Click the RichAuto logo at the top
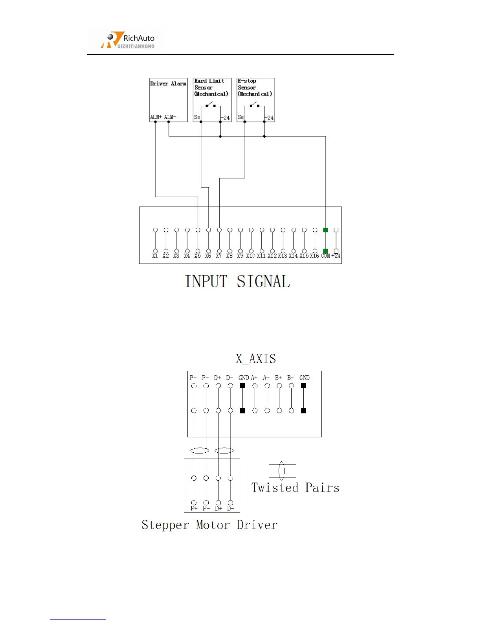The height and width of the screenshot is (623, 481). pos(128,40)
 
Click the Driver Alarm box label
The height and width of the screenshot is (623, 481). pos(168,84)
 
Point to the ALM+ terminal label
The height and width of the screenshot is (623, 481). pos(156,117)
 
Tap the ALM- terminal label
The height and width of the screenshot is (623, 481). pos(170,117)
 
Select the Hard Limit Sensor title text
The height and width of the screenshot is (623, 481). pos(211,87)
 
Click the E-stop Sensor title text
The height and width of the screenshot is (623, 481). pos(255,87)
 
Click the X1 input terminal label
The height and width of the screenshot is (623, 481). pos(155,256)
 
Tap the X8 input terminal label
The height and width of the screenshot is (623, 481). pos(229,256)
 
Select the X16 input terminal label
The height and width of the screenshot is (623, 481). pos(314,256)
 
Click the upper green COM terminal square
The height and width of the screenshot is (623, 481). pos(325,230)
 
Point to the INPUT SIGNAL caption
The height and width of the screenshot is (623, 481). pos(237,282)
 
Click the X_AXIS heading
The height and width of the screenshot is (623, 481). pos(256,359)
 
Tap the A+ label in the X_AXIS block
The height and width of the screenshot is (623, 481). pos(254,378)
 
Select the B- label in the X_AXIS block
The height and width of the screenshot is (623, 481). pos(290,378)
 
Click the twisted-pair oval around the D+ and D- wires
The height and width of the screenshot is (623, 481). pos(224,451)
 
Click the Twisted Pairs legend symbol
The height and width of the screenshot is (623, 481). pos(282,471)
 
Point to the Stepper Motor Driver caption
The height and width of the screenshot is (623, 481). pos(209,525)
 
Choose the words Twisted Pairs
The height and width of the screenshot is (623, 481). pos(295,488)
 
